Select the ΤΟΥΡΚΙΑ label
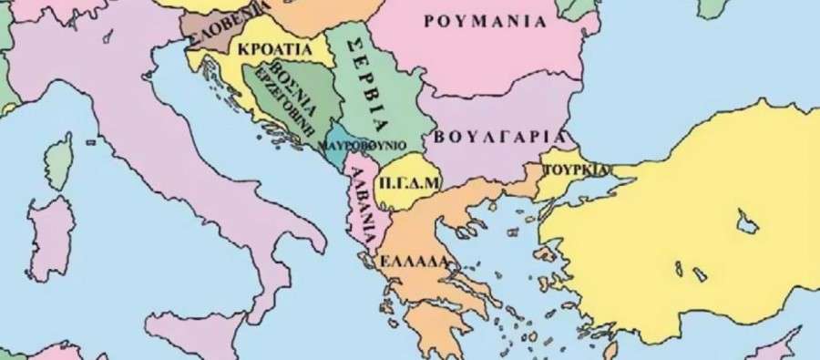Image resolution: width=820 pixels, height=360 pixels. [x=576, y=170]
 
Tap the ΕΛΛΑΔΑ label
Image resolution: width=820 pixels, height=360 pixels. [x=416, y=260]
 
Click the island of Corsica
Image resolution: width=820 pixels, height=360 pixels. [x=61, y=159]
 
